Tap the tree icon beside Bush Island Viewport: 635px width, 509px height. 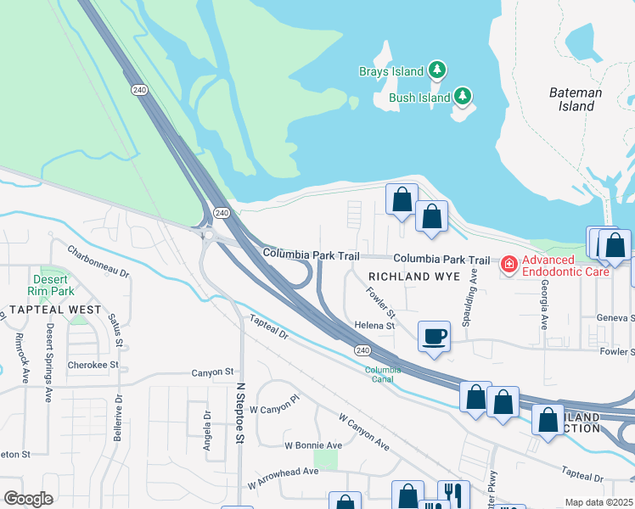[463, 97]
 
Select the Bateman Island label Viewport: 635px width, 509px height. [575, 99]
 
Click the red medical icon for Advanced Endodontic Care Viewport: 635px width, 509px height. [509, 266]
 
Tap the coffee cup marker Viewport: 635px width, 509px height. [434, 337]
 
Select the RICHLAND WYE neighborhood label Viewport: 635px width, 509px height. [413, 277]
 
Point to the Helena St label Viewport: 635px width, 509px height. [375, 326]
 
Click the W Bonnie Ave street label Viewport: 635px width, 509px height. [313, 445]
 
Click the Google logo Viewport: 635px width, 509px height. [28, 499]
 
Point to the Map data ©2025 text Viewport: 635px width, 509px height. [598, 502]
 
